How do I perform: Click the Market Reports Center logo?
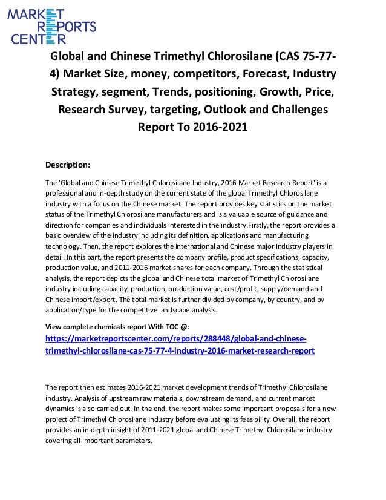coord(51,24)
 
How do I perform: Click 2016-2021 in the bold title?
coord(219,128)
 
